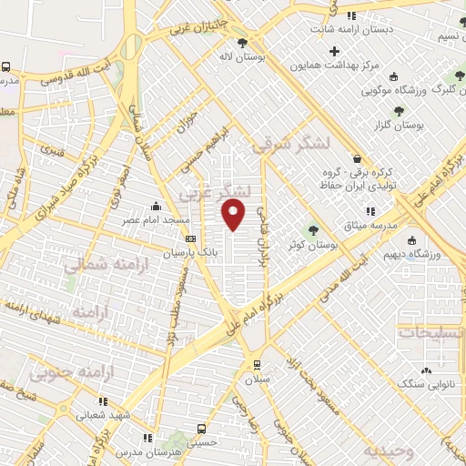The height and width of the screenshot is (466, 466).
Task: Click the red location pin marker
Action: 234,215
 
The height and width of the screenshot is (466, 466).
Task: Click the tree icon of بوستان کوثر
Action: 314,230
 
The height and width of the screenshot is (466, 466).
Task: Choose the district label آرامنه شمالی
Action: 98,265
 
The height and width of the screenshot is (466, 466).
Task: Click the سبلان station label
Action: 257,376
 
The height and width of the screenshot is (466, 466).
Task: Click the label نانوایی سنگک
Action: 427,385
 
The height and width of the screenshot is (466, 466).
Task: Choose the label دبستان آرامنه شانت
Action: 350,29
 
